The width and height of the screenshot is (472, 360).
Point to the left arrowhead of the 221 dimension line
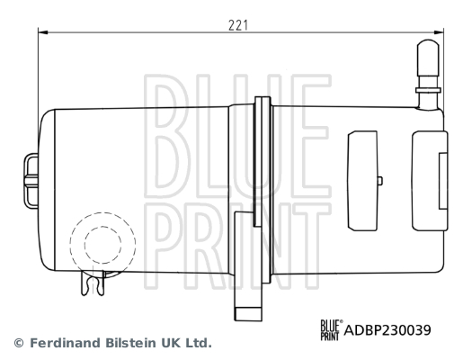pyautogui.click(x=43, y=31)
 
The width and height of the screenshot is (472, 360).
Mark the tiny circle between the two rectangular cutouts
pyautogui.click(x=379, y=181)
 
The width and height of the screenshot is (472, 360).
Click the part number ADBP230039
pyautogui.click(x=387, y=329)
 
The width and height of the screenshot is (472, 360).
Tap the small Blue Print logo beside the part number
pyautogui.click(x=332, y=329)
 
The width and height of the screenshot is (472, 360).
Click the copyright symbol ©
pyautogui.click(x=19, y=344)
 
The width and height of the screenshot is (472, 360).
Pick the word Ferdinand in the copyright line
pyautogui.click(x=63, y=344)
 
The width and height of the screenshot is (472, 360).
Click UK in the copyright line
pyautogui.click(x=173, y=344)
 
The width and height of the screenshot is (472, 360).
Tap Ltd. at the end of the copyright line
pyautogui.click(x=200, y=344)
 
